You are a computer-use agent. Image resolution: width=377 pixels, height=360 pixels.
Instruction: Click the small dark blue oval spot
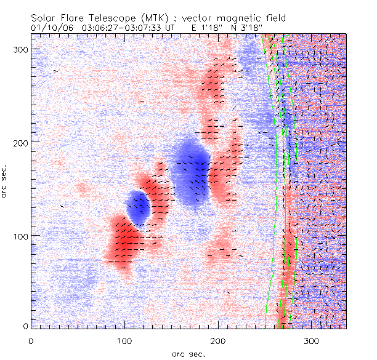[139, 207]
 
